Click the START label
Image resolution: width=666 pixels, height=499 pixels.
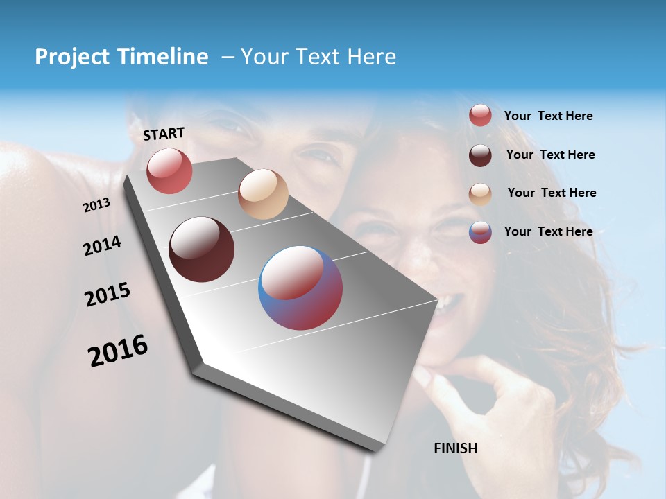coord(164,134)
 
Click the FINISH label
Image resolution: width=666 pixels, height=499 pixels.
coord(455,448)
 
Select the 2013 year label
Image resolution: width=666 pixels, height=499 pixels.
coord(97,205)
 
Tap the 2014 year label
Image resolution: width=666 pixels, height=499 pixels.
coord(102,245)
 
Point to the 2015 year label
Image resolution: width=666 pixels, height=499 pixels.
coord(108,295)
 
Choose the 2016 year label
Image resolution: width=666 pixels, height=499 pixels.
coord(118,351)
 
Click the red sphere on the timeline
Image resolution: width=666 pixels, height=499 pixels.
coord(169,170)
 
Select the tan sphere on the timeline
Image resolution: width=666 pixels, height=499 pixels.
coord(263,194)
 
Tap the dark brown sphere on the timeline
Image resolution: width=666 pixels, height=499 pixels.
coord(202,249)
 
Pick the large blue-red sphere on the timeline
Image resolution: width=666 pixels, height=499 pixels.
coord(300,288)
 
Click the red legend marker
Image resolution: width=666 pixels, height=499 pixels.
coord(480,116)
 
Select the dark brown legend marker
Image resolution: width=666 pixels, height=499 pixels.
coord(480,155)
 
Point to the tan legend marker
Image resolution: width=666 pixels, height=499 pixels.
coord(480,193)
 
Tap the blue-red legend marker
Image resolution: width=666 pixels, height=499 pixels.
coord(480,232)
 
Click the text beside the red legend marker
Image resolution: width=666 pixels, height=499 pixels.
coord(548,116)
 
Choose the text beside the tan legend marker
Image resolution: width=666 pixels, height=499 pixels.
coord(552,193)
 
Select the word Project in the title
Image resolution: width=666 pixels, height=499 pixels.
coord(72,57)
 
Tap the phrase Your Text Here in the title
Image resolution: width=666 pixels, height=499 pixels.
coord(318,57)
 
